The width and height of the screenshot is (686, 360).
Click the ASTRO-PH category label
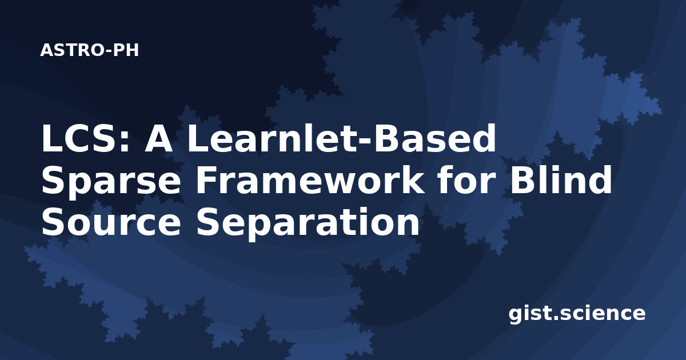pyautogui.click(x=89, y=50)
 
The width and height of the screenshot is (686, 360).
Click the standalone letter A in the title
pyautogui.click(x=158, y=138)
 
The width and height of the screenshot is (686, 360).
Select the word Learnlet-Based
pyautogui.click(x=341, y=138)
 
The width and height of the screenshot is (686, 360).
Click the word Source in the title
pyautogui.click(x=111, y=221)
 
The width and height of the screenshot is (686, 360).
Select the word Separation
pyautogui.click(x=308, y=223)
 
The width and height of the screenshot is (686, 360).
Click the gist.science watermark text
pyautogui.click(x=577, y=314)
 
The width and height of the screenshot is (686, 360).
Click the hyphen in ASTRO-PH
pyautogui.click(x=109, y=51)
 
